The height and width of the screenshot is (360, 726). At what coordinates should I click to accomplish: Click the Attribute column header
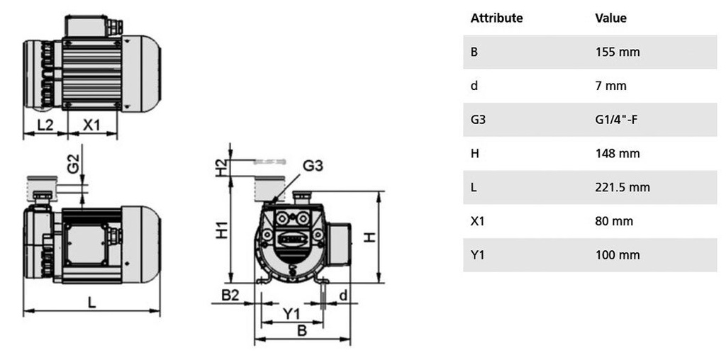(496, 18)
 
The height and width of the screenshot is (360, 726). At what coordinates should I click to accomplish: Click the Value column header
(610, 18)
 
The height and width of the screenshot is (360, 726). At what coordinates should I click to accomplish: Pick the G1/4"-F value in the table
(617, 120)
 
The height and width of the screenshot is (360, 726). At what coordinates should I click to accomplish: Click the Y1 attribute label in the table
(477, 255)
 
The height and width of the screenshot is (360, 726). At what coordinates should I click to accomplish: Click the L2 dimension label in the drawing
(45, 125)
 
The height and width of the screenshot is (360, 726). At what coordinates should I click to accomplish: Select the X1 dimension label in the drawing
(91, 125)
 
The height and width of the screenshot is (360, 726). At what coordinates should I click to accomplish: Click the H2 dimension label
(221, 167)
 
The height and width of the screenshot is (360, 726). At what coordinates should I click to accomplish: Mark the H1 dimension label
(221, 229)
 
